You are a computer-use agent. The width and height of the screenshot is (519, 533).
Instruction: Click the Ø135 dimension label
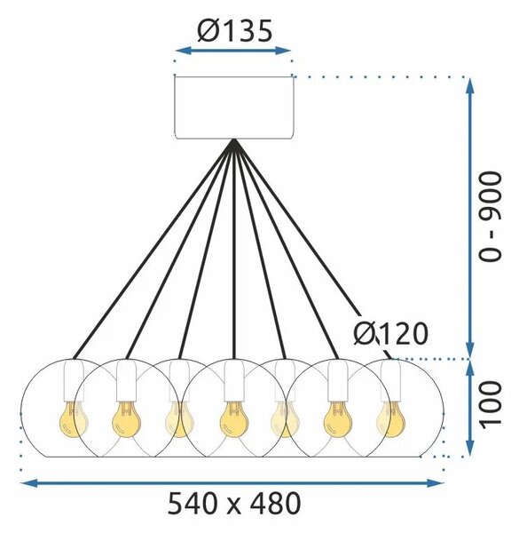point(234,31)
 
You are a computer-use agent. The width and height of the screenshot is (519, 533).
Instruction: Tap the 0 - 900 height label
point(490,217)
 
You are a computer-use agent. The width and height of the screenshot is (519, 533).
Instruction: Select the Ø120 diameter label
point(390,333)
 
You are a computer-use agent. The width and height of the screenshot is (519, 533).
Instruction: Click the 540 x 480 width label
point(234,504)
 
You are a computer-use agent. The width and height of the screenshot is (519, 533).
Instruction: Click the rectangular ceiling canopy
point(234,107)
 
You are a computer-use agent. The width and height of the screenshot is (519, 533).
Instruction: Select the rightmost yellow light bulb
point(390,419)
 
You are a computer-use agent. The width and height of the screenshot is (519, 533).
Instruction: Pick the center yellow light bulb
point(234,419)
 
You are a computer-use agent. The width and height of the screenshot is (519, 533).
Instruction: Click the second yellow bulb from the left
point(126,419)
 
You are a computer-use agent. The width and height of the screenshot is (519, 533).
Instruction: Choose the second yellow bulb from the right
point(338,419)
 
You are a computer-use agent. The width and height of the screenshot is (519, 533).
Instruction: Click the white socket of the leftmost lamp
point(74,380)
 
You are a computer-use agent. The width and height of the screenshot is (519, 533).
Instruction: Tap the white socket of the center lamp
point(234,380)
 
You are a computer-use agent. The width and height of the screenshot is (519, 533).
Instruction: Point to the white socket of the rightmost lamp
point(390,380)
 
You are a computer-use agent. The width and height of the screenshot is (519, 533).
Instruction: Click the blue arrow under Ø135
point(233,51)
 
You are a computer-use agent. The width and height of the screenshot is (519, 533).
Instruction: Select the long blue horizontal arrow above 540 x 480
point(232,482)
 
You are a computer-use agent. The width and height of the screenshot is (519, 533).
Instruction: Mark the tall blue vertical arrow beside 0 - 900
point(470,218)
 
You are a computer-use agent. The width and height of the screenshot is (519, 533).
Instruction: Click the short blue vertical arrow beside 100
point(470,408)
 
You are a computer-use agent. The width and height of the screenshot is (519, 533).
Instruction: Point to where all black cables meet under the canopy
point(234,140)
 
